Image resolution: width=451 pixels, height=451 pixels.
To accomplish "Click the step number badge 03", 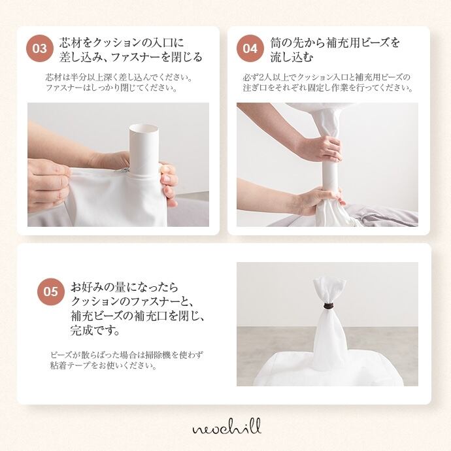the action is coord(40,48).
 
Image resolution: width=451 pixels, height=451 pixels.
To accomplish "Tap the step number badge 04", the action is coord(250,48).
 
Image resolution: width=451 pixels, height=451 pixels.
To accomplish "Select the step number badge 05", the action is coord(51,292).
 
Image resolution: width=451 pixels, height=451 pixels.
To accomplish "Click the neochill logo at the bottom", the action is coord(227,427).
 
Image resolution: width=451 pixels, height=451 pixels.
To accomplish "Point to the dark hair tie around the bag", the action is coord(327,306).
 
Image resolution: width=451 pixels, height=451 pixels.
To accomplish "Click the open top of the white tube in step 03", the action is coord(144,127).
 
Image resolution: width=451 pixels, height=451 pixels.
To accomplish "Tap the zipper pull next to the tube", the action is coord(123,170).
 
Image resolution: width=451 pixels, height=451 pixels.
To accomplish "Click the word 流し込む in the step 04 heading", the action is coord(292,58).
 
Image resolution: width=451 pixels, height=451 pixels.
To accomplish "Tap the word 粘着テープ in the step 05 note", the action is coord(71,366).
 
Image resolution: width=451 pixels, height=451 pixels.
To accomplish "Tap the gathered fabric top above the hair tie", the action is coord(329,291).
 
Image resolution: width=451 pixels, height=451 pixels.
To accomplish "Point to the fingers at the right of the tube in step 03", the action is coord(169,184).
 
